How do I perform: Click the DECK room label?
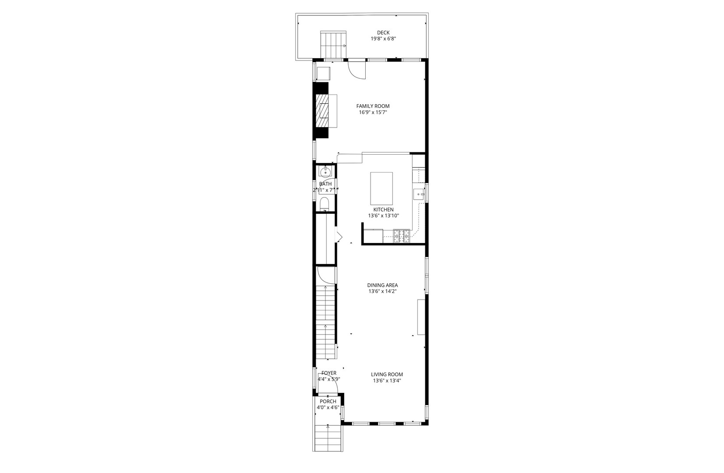(383, 32)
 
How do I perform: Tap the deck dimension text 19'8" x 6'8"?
(384, 39)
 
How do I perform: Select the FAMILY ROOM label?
(373, 106)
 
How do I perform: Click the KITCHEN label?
(383, 209)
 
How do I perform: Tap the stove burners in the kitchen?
(402, 236)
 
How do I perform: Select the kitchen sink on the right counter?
(419, 193)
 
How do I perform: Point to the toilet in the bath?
(325, 204)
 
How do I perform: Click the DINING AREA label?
(382, 285)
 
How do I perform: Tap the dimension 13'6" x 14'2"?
(382, 291)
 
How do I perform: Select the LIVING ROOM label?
(387, 374)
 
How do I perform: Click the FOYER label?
(329, 373)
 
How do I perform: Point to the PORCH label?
(328, 401)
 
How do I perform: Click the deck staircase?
(333, 45)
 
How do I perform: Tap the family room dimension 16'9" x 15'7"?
(373, 112)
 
